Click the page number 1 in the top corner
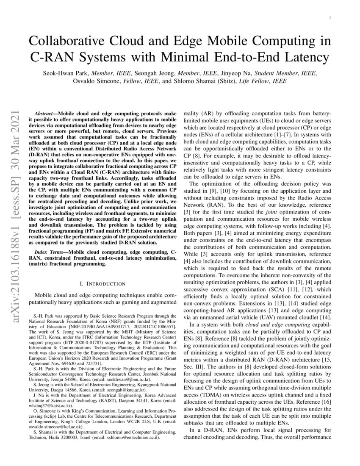pyautogui.click(x=330, y=17)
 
